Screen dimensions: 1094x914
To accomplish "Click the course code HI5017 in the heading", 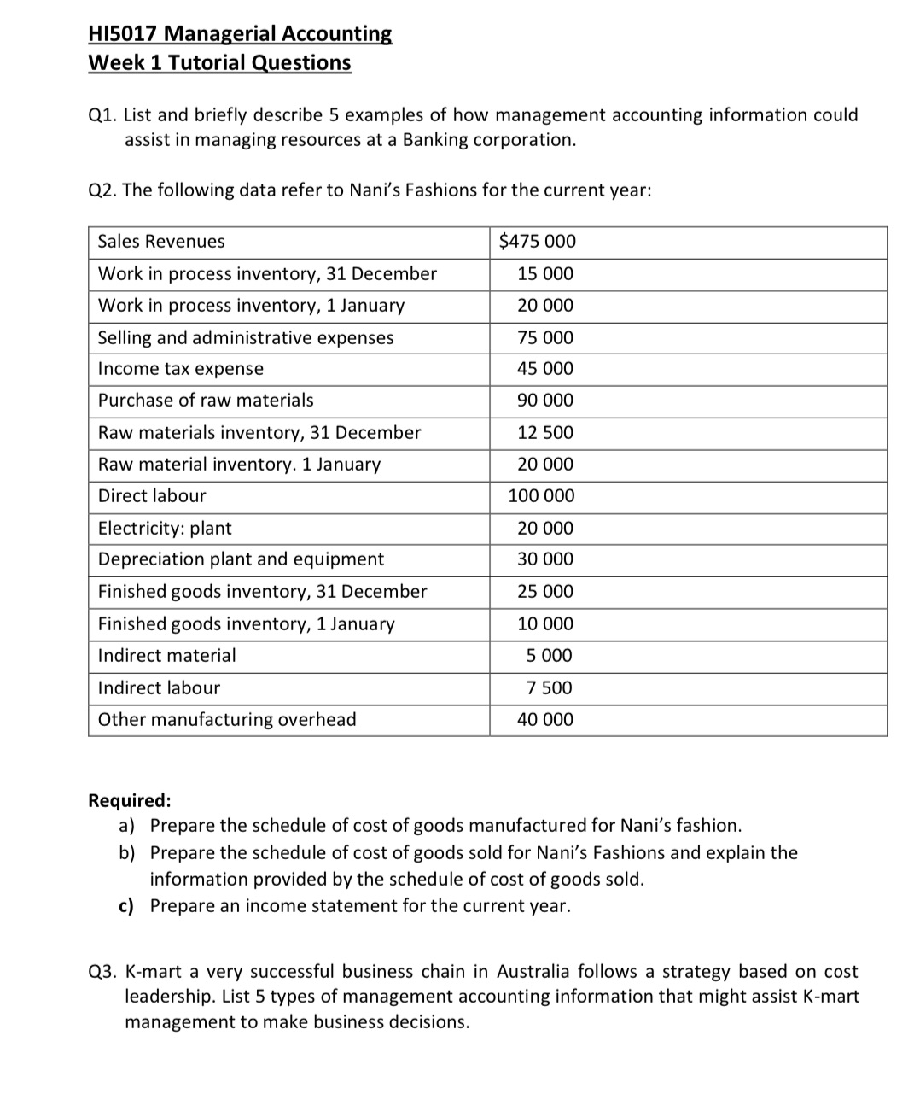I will coord(123,34).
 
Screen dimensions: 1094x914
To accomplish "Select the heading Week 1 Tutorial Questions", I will coord(219,63).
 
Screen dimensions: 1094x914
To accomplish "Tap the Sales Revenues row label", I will coord(161,242).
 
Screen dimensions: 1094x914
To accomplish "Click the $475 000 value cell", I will coord(537,242).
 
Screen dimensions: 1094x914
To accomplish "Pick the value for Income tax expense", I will coord(545,369).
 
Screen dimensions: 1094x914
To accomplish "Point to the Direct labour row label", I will coord(152,496).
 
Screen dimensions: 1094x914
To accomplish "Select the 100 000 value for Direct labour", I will coord(541,496).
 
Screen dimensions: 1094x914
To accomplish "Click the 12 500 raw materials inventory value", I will coord(545,433).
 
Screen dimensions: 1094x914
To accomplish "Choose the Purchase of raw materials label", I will coord(206,401).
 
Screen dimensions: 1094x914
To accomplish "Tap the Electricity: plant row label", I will coord(165,529).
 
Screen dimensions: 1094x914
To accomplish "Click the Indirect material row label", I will coord(167,656).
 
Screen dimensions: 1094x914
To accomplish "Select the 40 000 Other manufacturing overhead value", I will coord(545,720).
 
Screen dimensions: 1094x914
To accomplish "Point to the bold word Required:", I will coord(130,801).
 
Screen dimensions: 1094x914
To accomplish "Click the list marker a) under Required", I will coord(127,826).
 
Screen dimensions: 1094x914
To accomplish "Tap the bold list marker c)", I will coord(126,906).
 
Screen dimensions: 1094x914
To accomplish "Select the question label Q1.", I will coord(102,115).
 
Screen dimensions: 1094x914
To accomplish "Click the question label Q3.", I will coord(102,972).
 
